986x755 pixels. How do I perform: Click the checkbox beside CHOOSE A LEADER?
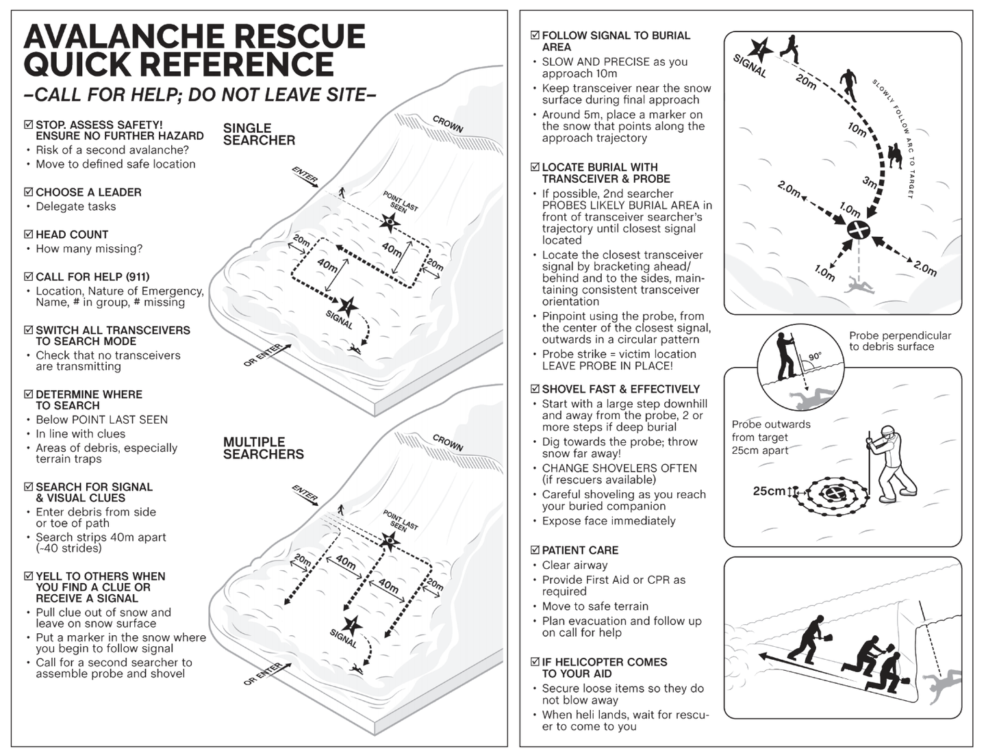pyautogui.click(x=29, y=192)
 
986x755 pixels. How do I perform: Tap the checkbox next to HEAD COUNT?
pyautogui.click(x=29, y=234)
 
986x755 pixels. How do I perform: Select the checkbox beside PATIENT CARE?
pyautogui.click(x=535, y=550)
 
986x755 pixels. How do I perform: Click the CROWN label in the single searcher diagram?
pyautogui.click(x=448, y=124)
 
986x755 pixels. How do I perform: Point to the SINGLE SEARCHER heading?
pyautogui.click(x=259, y=134)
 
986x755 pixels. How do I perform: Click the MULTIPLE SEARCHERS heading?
pyautogui.click(x=263, y=448)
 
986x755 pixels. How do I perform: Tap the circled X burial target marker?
pyautogui.click(x=859, y=230)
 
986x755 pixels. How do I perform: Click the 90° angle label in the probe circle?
pyautogui.click(x=815, y=357)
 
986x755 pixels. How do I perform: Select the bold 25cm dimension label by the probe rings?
pyautogui.click(x=769, y=491)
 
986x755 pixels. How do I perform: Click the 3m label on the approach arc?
pyautogui.click(x=870, y=182)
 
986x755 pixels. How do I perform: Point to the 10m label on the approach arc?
pyautogui.click(x=857, y=129)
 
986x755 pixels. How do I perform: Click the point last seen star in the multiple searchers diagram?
pyautogui.click(x=390, y=541)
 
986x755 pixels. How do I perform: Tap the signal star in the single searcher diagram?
pyautogui.click(x=348, y=307)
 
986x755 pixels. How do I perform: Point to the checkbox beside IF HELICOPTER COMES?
pyautogui.click(x=535, y=662)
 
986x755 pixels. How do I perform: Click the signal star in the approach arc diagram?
pyautogui.click(x=761, y=49)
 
